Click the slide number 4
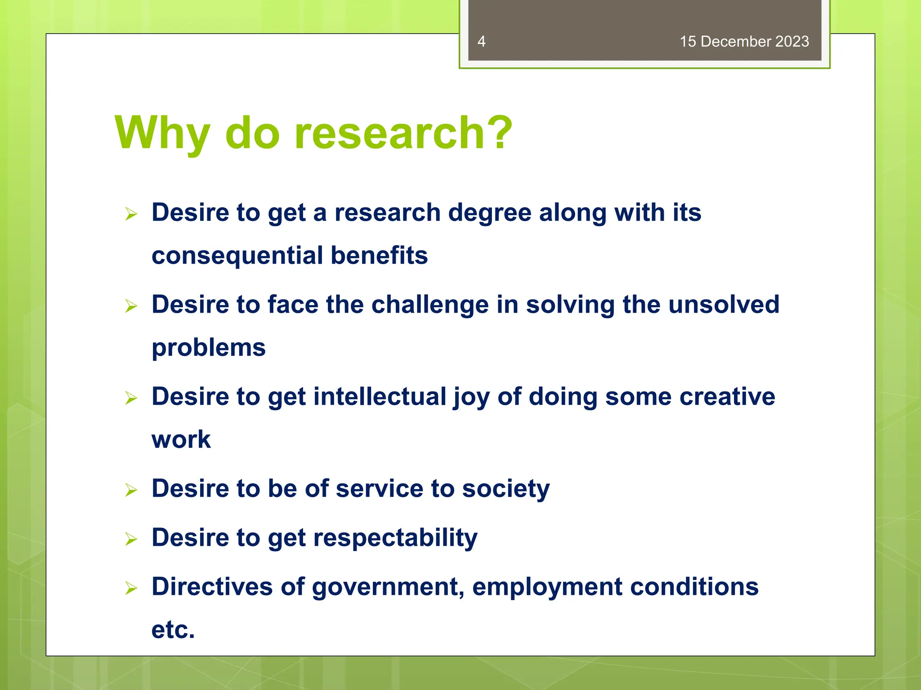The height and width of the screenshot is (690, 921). tap(481, 41)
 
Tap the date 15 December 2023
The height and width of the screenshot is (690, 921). tap(744, 41)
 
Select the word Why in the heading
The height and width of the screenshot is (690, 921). tap(162, 133)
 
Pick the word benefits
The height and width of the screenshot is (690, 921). tap(379, 256)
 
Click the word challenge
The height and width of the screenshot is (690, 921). tap(430, 305)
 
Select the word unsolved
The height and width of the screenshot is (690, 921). tap(724, 305)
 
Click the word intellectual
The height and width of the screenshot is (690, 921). tap(380, 397)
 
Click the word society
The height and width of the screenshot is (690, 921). tap(505, 489)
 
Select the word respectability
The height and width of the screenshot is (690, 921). tap(395, 538)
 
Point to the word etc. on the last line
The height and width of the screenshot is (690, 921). tap(173, 630)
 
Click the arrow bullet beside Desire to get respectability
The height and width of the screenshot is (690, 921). tap(131, 539)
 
